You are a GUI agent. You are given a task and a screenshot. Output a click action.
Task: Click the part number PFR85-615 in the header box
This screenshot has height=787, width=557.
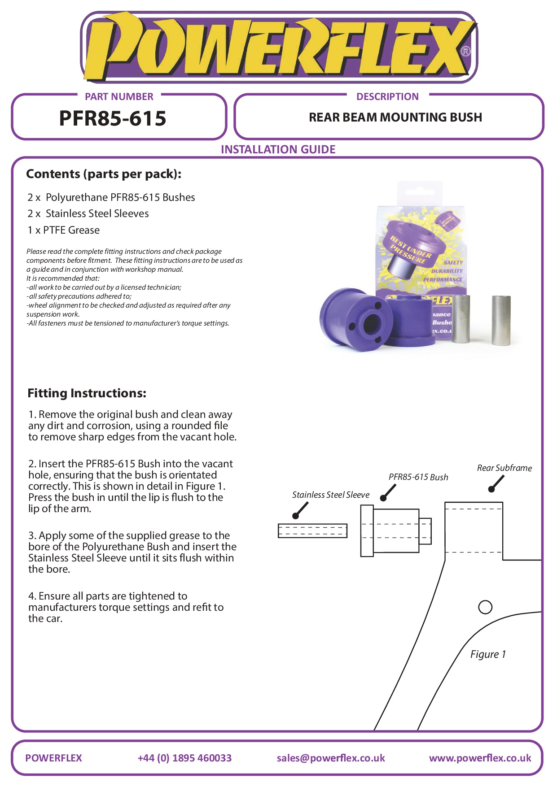click(x=113, y=118)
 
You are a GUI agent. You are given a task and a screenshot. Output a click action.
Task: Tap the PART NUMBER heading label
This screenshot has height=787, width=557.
click(x=119, y=96)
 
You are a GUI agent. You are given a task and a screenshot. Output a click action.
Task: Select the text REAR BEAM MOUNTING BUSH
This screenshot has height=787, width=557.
click(x=395, y=117)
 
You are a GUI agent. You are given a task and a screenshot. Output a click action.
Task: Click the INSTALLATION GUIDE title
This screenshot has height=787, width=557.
click(x=278, y=149)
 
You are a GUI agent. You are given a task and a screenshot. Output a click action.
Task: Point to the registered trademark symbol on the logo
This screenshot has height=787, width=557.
click(x=466, y=51)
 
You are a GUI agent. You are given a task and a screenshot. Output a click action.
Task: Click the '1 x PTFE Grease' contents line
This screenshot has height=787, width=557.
click(x=64, y=230)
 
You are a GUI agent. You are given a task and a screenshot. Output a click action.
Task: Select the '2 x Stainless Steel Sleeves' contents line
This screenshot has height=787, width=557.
click(x=88, y=213)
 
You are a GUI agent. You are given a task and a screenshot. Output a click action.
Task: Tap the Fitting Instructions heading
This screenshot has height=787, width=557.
click(x=87, y=393)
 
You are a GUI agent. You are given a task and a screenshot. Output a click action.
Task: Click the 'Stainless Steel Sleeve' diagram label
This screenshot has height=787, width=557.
click(x=331, y=495)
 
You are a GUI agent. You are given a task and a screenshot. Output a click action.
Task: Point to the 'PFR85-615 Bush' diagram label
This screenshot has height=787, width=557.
click(x=418, y=477)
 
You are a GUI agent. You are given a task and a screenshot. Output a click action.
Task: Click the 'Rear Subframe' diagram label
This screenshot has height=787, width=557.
click(x=504, y=468)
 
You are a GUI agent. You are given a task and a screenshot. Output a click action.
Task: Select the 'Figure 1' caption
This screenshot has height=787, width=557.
click(x=488, y=654)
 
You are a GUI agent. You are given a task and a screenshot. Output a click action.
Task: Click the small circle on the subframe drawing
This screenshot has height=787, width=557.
click(x=485, y=607)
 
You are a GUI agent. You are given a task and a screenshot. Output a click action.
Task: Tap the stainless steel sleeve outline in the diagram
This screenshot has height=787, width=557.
click(x=312, y=530)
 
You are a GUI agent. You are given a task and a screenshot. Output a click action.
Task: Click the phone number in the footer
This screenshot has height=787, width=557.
click(x=184, y=758)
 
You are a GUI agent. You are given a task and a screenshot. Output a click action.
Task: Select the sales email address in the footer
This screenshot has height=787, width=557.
click(x=331, y=758)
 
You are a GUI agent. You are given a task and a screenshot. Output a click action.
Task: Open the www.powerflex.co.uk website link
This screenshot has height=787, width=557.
click(x=480, y=758)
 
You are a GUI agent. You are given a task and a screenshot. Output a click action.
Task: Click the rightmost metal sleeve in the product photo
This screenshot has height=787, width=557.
click(x=501, y=320)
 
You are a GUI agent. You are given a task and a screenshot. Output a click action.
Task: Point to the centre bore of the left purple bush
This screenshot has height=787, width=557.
click(x=371, y=322)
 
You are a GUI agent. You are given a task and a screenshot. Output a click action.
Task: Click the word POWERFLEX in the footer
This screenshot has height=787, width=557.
click(x=54, y=758)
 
